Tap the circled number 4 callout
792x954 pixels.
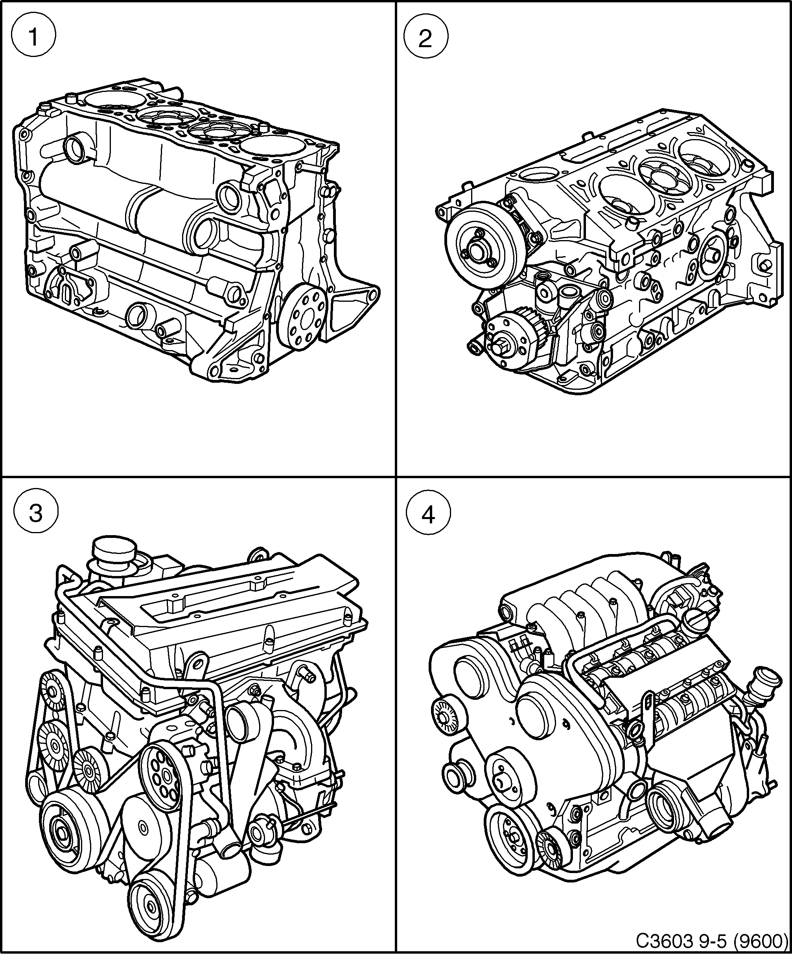[x=428, y=515]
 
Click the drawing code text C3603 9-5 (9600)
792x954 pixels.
[x=711, y=943]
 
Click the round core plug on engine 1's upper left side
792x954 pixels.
[x=75, y=146]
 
